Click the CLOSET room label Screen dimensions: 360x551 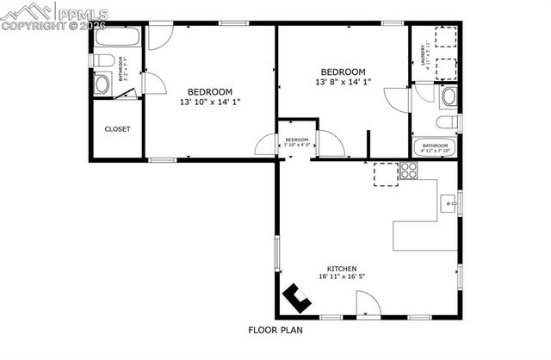[x=117, y=129]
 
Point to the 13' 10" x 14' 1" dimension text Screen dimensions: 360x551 [x=210, y=102]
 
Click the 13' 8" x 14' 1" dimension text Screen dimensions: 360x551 [x=343, y=82]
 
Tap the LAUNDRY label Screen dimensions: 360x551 [x=424, y=54]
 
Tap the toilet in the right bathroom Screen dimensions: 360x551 [x=446, y=97]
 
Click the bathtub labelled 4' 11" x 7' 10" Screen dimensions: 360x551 [x=436, y=147]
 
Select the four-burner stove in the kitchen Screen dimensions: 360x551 [x=409, y=171]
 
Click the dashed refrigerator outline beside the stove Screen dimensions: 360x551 [x=386, y=173]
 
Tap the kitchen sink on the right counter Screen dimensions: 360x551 [x=449, y=205]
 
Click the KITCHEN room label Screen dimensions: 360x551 [x=341, y=268]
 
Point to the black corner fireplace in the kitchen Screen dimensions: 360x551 [x=297, y=299]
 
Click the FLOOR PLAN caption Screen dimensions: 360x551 [x=275, y=329]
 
